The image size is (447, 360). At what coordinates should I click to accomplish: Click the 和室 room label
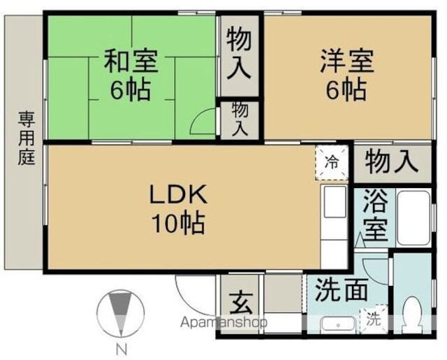click(131, 61)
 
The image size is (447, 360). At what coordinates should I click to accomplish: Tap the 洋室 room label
click(347, 61)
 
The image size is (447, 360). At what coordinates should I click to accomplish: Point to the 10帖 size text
click(178, 224)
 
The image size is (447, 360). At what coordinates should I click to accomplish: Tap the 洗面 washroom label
click(340, 290)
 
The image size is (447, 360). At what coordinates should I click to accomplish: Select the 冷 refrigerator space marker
click(332, 164)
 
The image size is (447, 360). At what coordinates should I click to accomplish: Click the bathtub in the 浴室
click(413, 217)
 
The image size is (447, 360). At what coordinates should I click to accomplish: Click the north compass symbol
click(121, 314)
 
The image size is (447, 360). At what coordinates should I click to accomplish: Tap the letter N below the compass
click(121, 350)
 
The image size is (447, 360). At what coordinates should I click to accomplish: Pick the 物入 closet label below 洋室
click(391, 163)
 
